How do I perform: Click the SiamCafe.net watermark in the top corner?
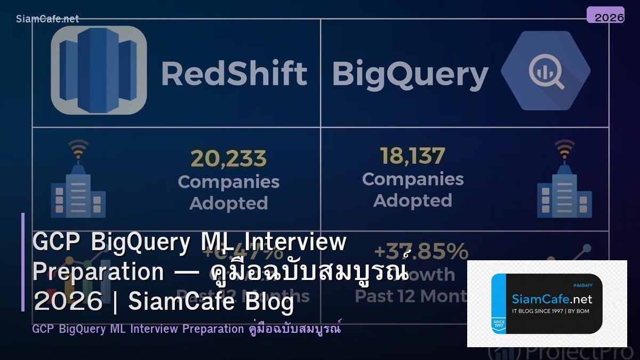pos(47,19)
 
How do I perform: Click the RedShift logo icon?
pos(99,70)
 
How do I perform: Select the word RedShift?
pos(234,74)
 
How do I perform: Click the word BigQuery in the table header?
pos(410,75)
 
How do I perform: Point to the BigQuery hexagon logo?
pos(545,70)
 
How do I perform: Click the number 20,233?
pos(228,158)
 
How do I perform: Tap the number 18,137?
pos(412,156)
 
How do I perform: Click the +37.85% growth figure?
pos(421,251)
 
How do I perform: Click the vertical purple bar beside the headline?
pos(23,262)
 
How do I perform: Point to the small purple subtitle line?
pos(186,329)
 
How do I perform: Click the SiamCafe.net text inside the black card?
pos(552,299)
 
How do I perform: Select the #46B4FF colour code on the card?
pos(582,285)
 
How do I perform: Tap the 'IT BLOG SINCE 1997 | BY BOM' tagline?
pos(550,311)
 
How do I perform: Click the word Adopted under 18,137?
pos(412,201)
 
